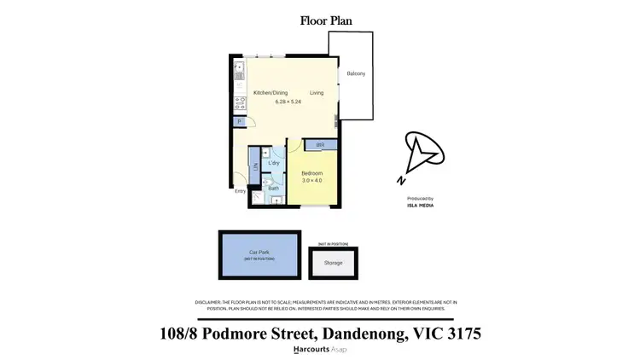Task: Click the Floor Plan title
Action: tap(325, 20)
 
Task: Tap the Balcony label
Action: tap(356, 74)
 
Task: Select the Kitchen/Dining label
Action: tap(271, 92)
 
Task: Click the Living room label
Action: tap(317, 92)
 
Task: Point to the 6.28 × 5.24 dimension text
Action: tap(288, 102)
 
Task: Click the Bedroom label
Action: tap(312, 173)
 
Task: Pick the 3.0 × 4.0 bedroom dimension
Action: tap(312, 181)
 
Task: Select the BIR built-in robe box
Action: tap(320, 146)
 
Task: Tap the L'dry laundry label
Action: tap(275, 163)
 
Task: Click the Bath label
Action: tap(274, 189)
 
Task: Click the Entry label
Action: tap(241, 191)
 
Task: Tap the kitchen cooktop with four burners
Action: tap(239, 104)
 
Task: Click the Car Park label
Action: tap(259, 253)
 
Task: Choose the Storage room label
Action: tap(333, 263)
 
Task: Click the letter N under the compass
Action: tap(401, 180)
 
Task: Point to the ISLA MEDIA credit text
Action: tap(422, 206)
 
